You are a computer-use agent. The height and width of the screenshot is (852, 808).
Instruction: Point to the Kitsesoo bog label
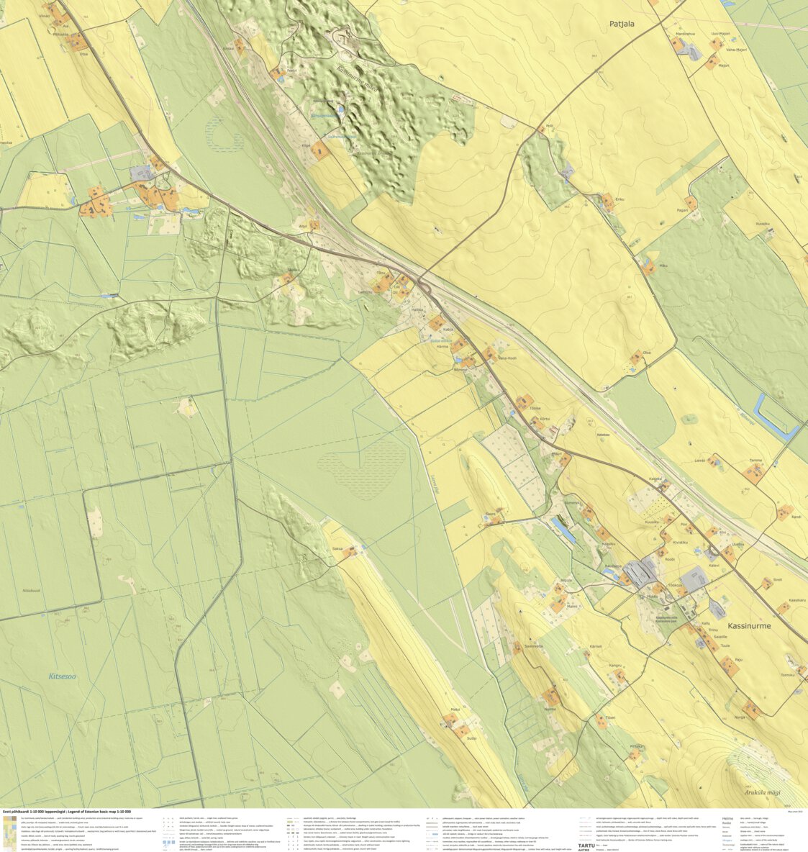point(62,676)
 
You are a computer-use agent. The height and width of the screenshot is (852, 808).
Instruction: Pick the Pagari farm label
point(683,210)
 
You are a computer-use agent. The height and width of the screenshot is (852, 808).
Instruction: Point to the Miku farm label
point(663,266)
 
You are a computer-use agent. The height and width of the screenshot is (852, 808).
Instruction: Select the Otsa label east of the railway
point(646,352)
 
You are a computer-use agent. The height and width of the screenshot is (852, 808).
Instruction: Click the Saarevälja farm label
point(532,645)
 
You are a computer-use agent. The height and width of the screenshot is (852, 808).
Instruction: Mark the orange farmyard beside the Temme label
point(753,473)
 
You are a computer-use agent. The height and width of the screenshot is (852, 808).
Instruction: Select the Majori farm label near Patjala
point(724,65)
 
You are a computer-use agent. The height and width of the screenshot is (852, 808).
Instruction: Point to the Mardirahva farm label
point(685,34)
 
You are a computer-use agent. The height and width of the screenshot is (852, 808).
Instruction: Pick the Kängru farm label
point(615,666)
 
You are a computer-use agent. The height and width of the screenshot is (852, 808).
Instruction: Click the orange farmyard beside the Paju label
point(730,668)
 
